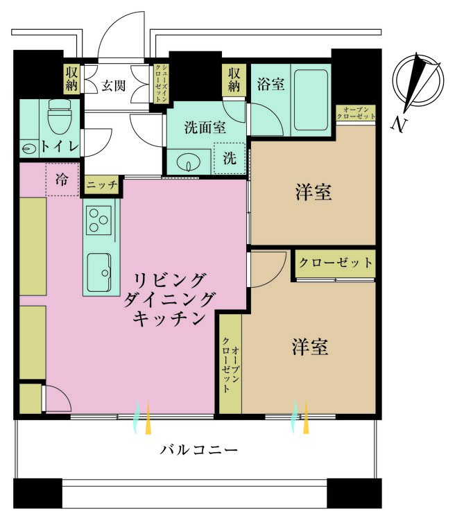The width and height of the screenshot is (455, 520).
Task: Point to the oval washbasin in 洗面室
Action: coord(187,164)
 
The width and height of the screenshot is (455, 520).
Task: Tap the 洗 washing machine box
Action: coord(229,157)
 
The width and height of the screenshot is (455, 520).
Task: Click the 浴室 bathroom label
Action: coord(271,85)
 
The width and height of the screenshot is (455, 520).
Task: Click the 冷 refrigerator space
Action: coord(62,180)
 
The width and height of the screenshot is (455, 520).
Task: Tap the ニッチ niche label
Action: coord(101,185)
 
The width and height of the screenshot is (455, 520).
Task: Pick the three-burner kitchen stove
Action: coord(98,220)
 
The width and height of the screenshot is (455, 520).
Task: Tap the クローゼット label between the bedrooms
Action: coord(335,263)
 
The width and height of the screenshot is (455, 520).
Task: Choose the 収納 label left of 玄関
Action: coord(72,78)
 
